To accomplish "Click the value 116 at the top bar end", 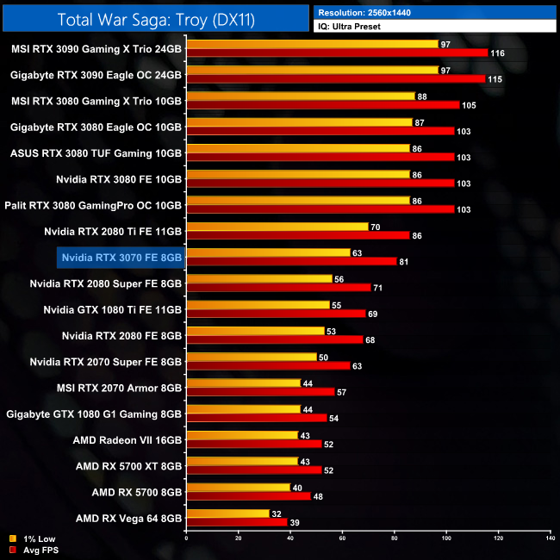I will tap(497, 53).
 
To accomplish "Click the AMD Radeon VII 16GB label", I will tap(128, 439).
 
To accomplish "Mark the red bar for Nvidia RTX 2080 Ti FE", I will tap(298, 235).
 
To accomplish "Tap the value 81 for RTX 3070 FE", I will tap(405, 261).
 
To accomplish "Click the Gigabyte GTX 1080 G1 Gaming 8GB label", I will tap(95, 414).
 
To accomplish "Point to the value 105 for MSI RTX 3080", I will tap(469, 105).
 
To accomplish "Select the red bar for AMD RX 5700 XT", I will tap(254, 470).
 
